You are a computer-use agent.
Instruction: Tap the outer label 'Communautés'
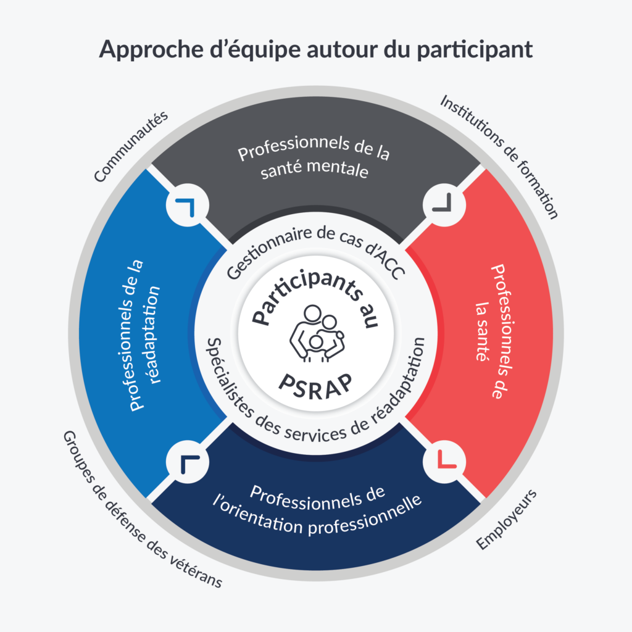(131, 149)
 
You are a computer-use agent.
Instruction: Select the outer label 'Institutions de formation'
(499, 157)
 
